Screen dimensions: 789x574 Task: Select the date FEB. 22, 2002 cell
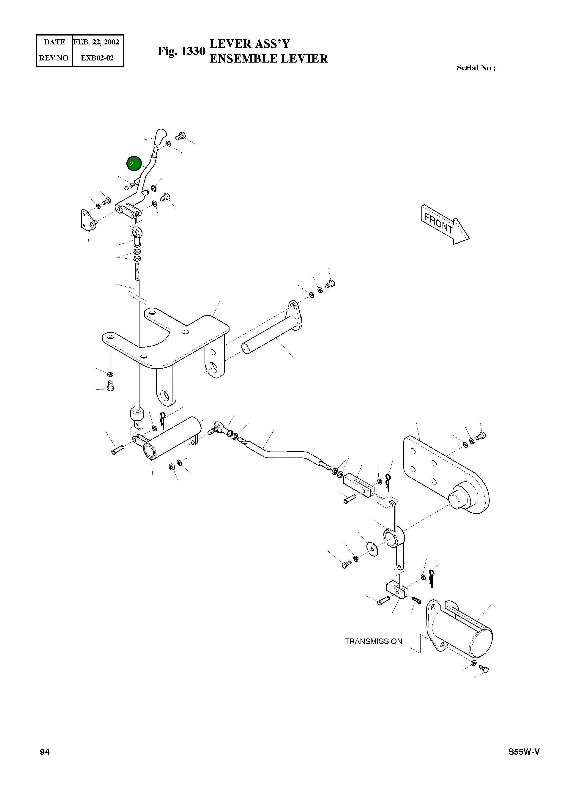coord(96,42)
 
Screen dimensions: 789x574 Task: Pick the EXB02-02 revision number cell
coord(97,58)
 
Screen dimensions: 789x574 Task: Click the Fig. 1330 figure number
coord(181,51)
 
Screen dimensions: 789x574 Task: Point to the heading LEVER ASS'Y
coord(249,44)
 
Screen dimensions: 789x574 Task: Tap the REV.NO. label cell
coord(54,58)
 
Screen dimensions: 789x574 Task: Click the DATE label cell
coord(54,42)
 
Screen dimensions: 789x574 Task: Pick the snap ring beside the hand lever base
coord(154,188)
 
